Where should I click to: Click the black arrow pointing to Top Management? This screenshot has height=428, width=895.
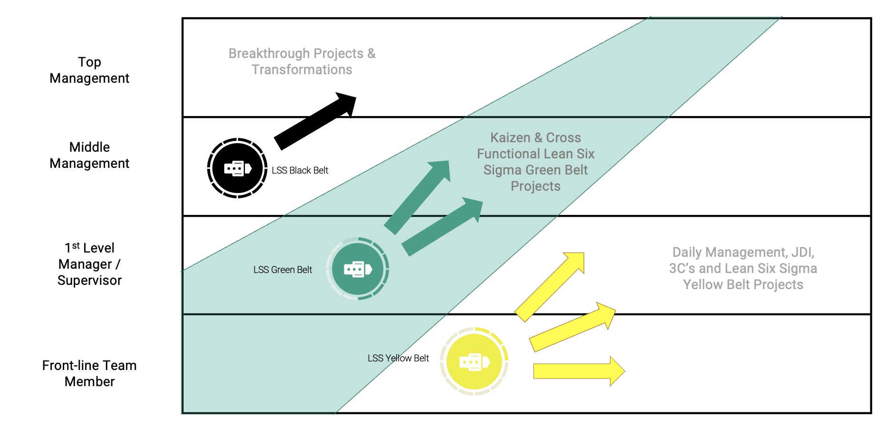click(314, 121)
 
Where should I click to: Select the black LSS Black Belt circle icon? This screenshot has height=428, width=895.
click(237, 168)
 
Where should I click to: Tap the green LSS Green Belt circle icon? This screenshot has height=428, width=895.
click(358, 269)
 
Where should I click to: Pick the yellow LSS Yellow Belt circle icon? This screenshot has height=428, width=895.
click(474, 361)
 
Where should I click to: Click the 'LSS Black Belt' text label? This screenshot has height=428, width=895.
click(300, 170)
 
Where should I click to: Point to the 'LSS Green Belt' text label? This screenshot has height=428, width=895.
click(283, 270)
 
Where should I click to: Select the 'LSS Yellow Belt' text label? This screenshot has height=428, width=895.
click(398, 358)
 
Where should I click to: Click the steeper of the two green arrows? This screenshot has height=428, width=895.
click(417, 197)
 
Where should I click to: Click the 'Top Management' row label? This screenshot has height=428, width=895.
click(89, 70)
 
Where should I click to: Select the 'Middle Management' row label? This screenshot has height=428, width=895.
click(89, 155)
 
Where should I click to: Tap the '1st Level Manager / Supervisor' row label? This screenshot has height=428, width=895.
click(89, 264)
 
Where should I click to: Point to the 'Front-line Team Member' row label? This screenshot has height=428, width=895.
click(89, 373)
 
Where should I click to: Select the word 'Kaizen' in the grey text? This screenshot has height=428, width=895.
click(510, 137)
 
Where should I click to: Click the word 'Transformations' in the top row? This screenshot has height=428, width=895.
click(302, 69)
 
